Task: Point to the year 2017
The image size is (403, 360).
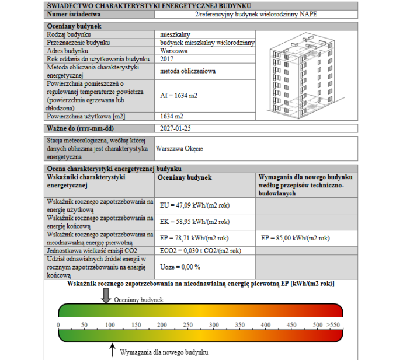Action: (x=166, y=59)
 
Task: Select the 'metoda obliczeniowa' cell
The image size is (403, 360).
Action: (x=187, y=71)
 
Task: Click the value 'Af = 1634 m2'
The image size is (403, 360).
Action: (x=178, y=95)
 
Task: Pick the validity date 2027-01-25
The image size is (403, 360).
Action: (x=175, y=127)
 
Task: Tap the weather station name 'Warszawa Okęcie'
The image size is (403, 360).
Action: (x=180, y=149)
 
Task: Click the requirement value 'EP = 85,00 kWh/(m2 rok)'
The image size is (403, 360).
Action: (x=296, y=238)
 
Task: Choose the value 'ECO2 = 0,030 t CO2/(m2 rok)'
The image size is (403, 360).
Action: (x=200, y=250)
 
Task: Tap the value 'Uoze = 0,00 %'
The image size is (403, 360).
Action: (x=180, y=267)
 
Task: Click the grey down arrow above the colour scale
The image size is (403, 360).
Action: (x=105, y=296)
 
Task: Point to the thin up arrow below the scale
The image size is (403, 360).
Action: (x=112, y=349)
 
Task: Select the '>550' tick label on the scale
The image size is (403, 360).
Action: (x=333, y=324)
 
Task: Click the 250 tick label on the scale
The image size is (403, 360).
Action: (x=188, y=324)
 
